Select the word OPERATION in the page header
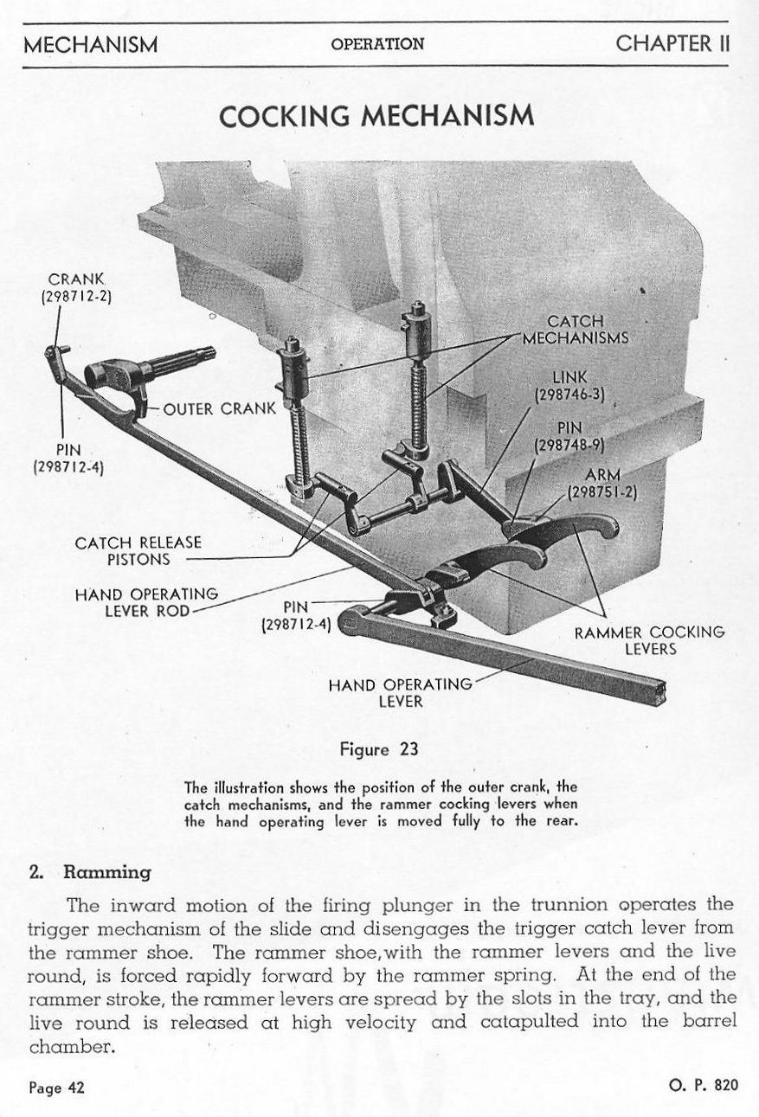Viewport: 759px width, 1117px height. click(377, 44)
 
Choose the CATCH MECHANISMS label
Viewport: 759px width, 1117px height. click(576, 330)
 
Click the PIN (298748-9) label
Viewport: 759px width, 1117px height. click(569, 436)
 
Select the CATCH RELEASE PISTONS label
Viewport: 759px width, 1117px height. click(138, 551)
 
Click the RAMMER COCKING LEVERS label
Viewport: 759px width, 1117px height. click(649, 639)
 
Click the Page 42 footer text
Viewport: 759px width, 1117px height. click(57, 1087)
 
